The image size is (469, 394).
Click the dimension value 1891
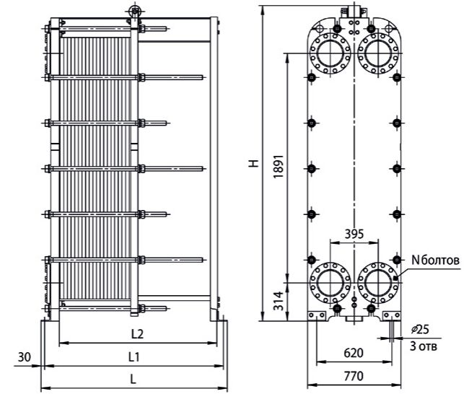coord(279,167)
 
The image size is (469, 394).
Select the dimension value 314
coord(279,301)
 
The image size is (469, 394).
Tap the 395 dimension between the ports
coord(354,234)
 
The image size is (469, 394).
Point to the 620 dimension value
coord(354,353)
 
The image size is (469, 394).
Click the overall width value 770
coord(354,376)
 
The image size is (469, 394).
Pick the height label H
coord(254,163)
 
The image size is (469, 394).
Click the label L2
coord(138,334)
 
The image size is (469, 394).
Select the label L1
coord(134,356)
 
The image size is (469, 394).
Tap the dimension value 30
coord(25,357)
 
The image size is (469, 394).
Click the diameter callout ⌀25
coord(420,329)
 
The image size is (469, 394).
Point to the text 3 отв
coord(424,346)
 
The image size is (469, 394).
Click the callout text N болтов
coord(435,261)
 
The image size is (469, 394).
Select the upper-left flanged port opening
coord(330,53)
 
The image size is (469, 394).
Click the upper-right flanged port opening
coord(378,53)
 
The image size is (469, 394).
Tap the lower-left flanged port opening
coord(330,283)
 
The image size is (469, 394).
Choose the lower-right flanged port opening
coord(378,283)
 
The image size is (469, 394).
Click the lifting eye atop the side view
coord(135,12)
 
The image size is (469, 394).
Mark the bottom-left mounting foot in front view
coord(317,315)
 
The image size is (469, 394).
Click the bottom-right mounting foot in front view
coord(392,315)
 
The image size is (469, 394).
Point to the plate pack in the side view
coord(95,168)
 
